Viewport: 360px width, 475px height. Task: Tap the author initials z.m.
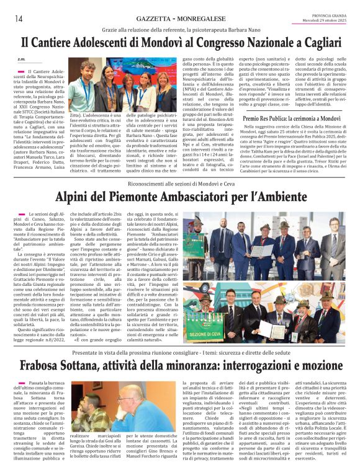[21, 60]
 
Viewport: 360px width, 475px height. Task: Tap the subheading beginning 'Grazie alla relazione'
[180, 29]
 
